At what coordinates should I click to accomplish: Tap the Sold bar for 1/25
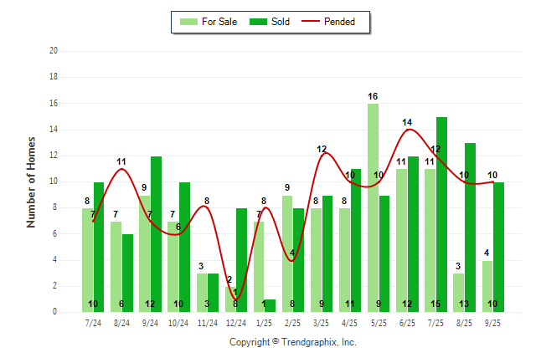coord(270,305)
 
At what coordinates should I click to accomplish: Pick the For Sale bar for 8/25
coord(458,292)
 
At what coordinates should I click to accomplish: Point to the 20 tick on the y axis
coord(54,50)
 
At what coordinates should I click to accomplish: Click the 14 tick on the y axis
coord(54,129)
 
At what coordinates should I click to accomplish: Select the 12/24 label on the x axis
coord(235,322)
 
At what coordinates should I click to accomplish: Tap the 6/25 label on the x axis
coord(407,322)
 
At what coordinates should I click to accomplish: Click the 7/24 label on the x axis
coord(93,322)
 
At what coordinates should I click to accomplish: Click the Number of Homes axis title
coord(32,181)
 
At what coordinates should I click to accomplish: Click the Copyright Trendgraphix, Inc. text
coord(293,342)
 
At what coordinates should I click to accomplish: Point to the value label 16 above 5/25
coord(373,97)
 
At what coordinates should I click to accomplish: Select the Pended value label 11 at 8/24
coord(121,161)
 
